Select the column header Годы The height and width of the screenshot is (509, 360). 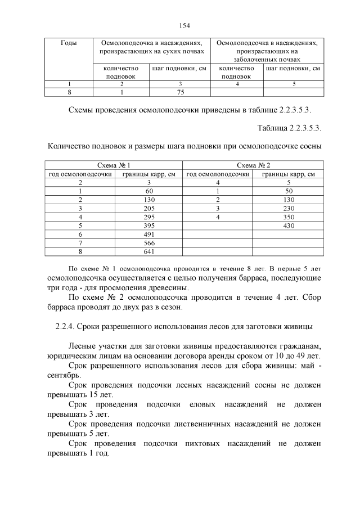(x=69, y=43)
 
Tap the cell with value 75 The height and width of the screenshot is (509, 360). (x=181, y=92)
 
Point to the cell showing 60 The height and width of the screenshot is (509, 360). (x=149, y=191)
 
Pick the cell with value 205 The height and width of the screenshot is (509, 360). (x=149, y=208)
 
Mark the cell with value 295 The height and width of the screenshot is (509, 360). (x=149, y=217)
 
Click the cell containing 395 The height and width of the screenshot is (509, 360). (x=149, y=226)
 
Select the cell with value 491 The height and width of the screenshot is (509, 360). (x=149, y=234)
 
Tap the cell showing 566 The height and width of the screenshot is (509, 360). (x=149, y=242)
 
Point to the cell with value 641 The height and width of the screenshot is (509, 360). (x=149, y=251)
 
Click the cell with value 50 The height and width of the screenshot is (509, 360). (x=289, y=191)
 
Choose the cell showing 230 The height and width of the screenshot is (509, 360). (x=289, y=208)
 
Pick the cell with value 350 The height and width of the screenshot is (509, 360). (x=289, y=217)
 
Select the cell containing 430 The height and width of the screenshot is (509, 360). (x=289, y=226)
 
